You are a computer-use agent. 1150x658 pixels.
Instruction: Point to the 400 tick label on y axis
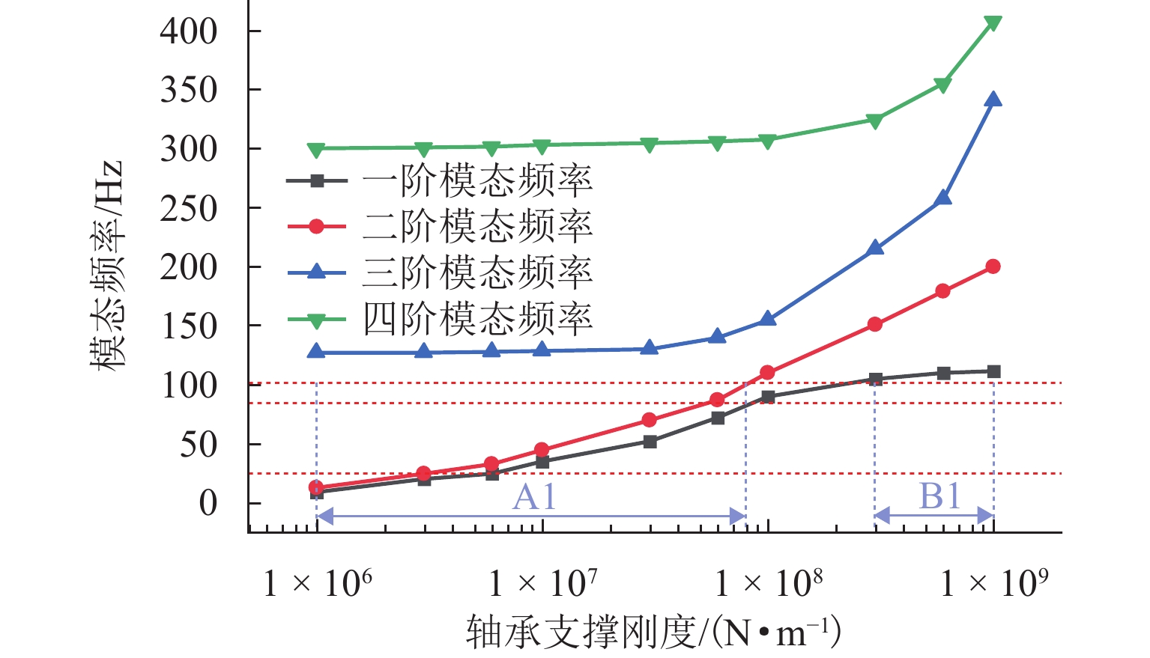pyautogui.click(x=189, y=31)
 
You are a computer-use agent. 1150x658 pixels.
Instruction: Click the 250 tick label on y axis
pyautogui.click(x=189, y=208)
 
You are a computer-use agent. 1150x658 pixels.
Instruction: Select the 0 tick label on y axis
pyautogui.click(x=208, y=503)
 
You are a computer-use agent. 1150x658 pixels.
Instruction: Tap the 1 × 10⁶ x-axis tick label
pyautogui.click(x=318, y=582)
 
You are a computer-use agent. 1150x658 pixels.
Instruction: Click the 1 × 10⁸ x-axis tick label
pyautogui.click(x=769, y=582)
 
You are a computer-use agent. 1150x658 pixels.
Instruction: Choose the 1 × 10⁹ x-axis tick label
pyautogui.click(x=994, y=582)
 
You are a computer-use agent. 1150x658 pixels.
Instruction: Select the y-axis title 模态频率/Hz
pyautogui.click(x=106, y=266)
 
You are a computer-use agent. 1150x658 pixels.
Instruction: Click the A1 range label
pyautogui.click(x=534, y=496)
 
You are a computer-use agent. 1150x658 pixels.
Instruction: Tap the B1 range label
pyautogui.click(x=939, y=496)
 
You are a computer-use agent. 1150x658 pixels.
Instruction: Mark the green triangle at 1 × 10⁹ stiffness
pyautogui.click(x=993, y=23)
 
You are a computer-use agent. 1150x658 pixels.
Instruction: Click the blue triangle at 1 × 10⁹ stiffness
pyautogui.click(x=993, y=100)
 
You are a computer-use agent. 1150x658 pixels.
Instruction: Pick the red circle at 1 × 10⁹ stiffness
pyautogui.click(x=993, y=266)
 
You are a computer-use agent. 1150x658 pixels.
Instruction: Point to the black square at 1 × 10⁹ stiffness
pyautogui.click(x=993, y=371)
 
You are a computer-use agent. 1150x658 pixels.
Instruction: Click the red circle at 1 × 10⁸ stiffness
pyautogui.click(x=767, y=373)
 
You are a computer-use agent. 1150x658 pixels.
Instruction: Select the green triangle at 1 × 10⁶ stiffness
pyautogui.click(x=316, y=150)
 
